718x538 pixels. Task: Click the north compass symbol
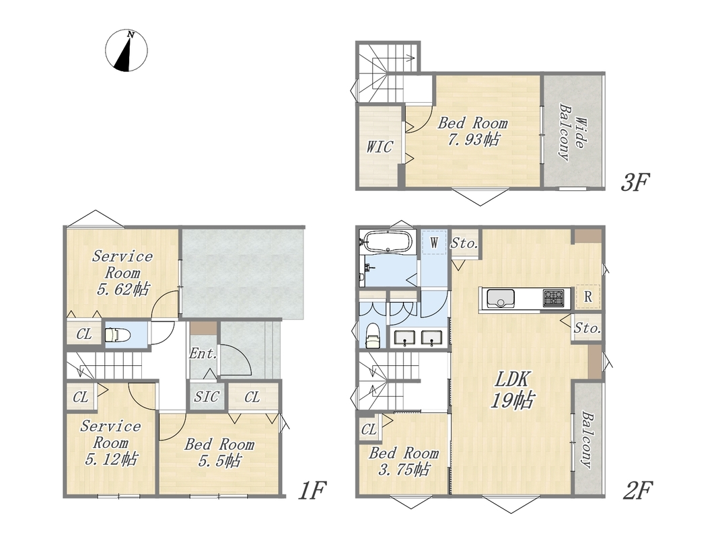(x=127, y=50)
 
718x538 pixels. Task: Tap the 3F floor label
(x=635, y=182)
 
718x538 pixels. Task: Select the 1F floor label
(x=312, y=491)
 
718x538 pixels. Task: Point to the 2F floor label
(x=637, y=491)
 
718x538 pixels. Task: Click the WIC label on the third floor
(x=380, y=147)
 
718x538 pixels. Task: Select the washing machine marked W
(x=433, y=243)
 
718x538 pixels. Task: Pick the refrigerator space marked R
(x=587, y=297)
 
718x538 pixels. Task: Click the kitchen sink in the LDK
(x=501, y=299)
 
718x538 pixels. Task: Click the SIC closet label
(x=207, y=397)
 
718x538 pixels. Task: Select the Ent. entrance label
(x=203, y=354)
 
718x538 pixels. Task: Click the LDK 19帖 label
(x=512, y=390)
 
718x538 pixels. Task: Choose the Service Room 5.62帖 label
(x=122, y=272)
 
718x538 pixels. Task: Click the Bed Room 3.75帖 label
(x=404, y=461)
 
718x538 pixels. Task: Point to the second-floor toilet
(x=373, y=336)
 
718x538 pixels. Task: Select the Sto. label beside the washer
(x=465, y=243)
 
